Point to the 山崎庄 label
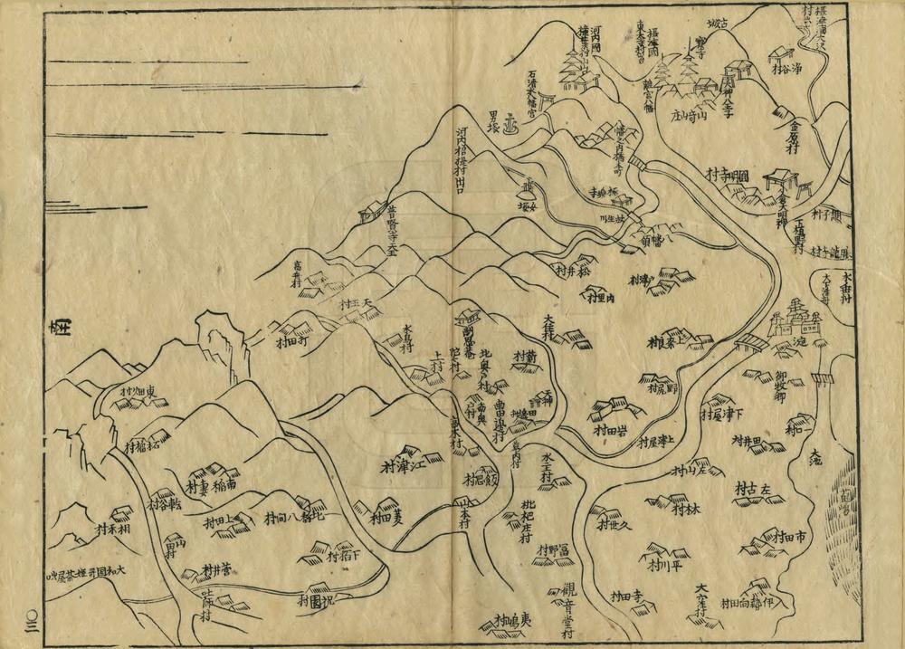click(687, 114)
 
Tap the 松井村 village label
click(573, 269)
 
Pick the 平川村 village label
click(663, 568)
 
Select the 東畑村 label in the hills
click(145, 392)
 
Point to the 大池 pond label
click(817, 452)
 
